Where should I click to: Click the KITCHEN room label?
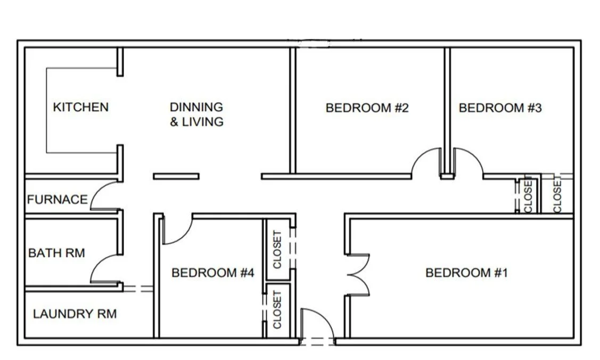(x=81, y=107)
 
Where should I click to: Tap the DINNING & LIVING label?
(x=196, y=114)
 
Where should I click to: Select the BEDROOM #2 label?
(x=367, y=108)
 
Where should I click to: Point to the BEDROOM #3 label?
(x=500, y=108)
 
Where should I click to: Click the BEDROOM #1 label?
(x=466, y=273)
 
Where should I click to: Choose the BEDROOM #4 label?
(x=213, y=273)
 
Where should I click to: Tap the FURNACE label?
(x=57, y=199)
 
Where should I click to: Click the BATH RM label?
(x=56, y=253)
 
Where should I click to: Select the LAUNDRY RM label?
(x=75, y=314)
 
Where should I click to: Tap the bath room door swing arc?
(x=96, y=264)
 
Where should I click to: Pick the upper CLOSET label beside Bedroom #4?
(x=277, y=249)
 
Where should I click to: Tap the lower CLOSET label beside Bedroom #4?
(x=277, y=309)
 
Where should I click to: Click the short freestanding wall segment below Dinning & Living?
(x=176, y=176)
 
